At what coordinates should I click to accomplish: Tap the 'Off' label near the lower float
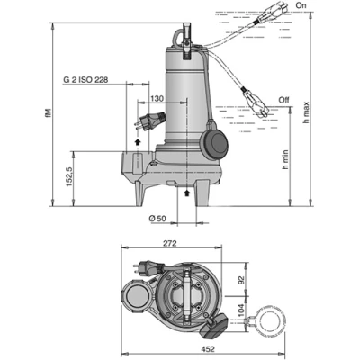[x=284, y=101]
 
